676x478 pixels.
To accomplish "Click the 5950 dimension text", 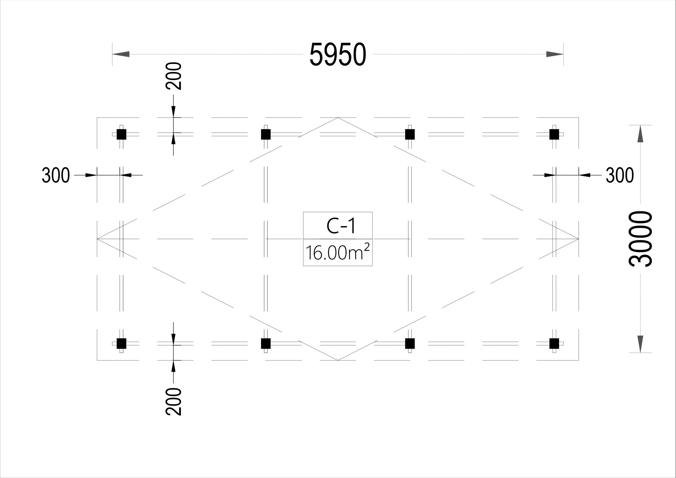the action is click(338, 54).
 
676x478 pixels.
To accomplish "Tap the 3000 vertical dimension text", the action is click(641, 239).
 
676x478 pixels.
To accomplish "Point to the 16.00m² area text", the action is click(337, 252).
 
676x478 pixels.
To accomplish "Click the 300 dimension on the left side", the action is click(56, 175).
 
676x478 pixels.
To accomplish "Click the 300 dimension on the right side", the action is click(620, 175).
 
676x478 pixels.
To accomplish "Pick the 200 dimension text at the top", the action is click(173, 76).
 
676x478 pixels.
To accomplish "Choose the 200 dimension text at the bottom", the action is click(173, 402).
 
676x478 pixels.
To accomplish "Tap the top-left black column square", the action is click(121, 134).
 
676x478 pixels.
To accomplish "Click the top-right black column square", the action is click(554, 134).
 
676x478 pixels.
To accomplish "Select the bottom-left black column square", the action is click(121, 343).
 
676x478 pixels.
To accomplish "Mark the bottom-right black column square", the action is click(554, 343).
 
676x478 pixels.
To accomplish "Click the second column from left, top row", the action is click(266, 134).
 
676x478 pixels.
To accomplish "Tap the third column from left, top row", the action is click(410, 134).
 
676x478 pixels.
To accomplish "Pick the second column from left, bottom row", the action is click(266, 343).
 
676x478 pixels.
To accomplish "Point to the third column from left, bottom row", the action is click(410, 343).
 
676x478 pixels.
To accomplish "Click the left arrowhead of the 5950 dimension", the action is click(121, 54).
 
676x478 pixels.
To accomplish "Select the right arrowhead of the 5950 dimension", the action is click(555, 54).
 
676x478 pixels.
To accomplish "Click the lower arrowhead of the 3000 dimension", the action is click(640, 344).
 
